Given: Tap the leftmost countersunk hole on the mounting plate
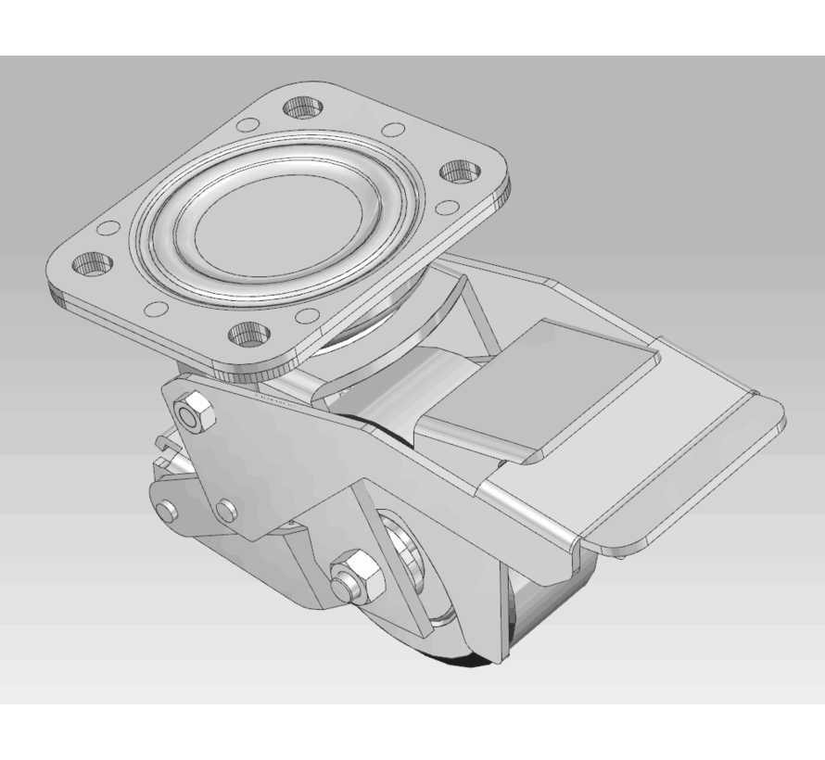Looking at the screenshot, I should (93, 265).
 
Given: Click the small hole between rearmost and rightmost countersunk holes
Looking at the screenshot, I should (393, 130).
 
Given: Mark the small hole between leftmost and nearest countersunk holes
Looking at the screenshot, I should (157, 309).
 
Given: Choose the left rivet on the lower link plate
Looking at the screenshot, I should (166, 511).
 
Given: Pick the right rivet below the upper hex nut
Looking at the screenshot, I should (224, 509).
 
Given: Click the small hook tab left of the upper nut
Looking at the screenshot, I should (165, 445).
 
